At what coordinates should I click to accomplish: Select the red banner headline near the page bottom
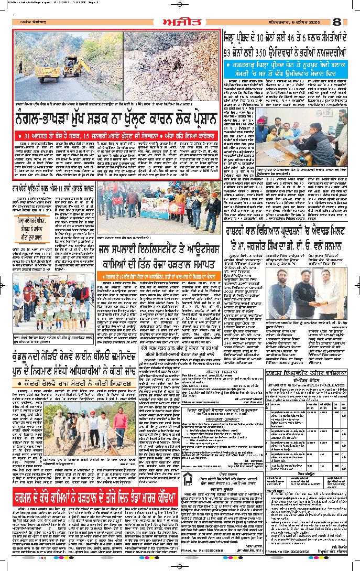pos(103,495)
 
